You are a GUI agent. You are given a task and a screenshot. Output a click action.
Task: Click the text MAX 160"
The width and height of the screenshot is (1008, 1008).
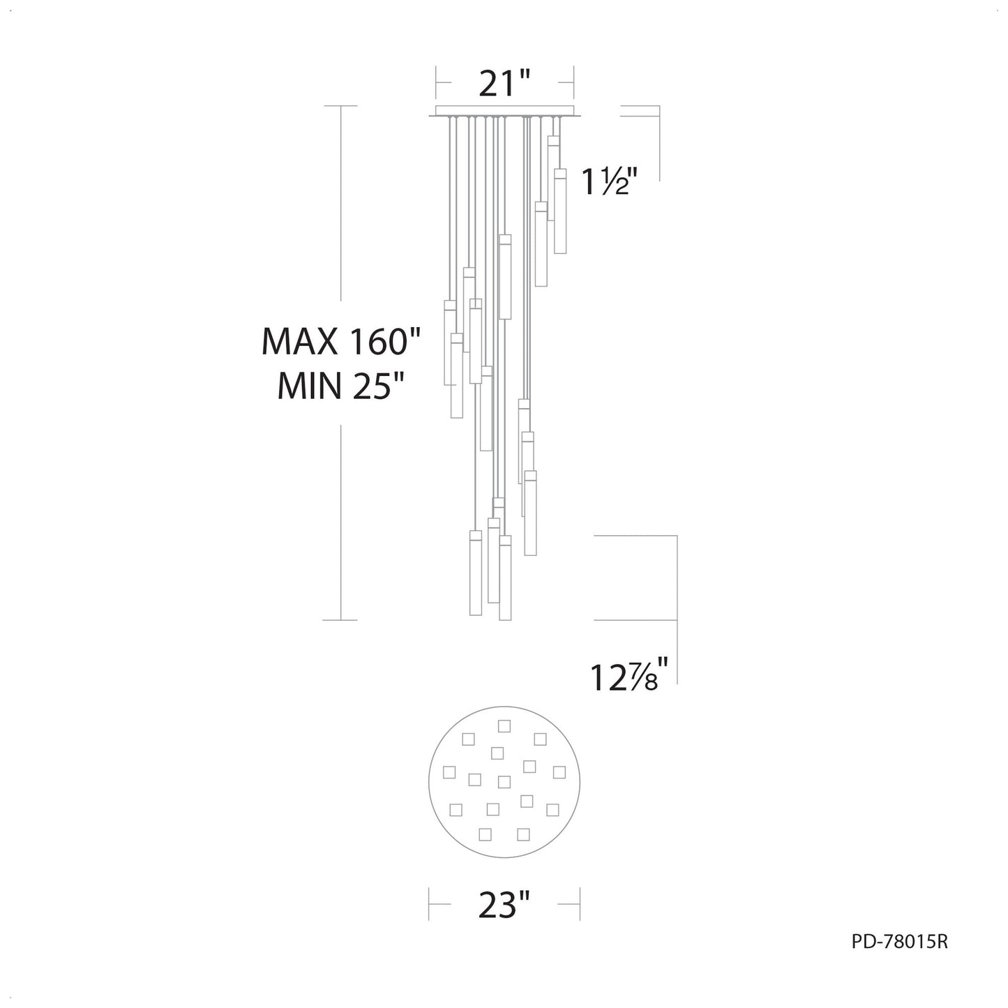tap(341, 342)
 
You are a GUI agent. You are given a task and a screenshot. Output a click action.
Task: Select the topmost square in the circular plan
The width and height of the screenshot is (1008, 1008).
tap(504, 726)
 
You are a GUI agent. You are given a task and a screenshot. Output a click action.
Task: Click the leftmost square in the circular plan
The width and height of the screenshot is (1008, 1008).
tap(449, 772)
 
